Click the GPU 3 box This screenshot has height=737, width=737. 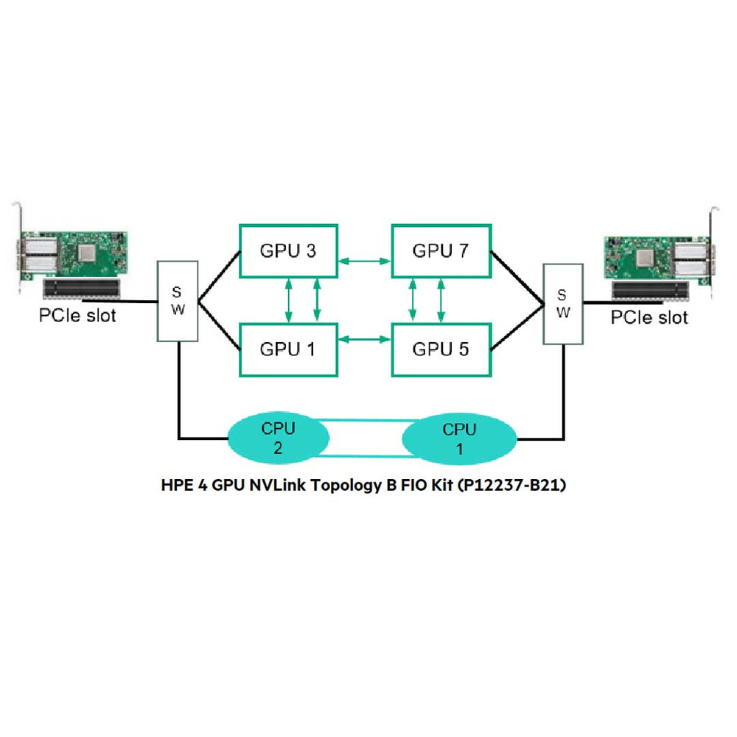coord(288,251)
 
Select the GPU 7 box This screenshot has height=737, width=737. coord(440,251)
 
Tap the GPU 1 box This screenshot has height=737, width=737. coord(288,349)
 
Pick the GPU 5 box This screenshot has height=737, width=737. coord(440,349)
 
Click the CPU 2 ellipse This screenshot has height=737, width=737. coord(278,438)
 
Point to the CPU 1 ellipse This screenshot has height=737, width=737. coord(459,438)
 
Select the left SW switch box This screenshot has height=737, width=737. coord(178,300)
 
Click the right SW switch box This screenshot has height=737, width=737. coord(562,303)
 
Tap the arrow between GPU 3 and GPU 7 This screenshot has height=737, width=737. coord(364,260)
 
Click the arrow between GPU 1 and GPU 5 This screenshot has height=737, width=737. coord(364,340)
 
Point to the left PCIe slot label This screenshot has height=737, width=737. coord(77,316)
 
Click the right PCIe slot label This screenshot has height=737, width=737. coord(649,318)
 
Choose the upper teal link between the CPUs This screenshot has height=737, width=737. coord(364,422)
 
